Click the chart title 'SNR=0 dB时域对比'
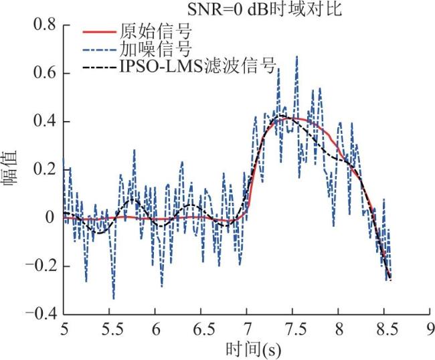pos(264,9)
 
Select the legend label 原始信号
pos(155,31)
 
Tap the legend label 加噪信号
pos(155,49)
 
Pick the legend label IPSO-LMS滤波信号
pos(198,66)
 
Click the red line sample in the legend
pos(99,32)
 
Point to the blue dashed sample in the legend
pos(99,50)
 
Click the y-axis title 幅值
pos(10,169)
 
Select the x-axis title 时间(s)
pos(253,349)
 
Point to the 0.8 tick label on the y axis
pos(45,24)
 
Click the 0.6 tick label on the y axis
pos(45,73)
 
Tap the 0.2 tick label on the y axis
pos(45,169)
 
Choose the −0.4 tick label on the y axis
pos(41,314)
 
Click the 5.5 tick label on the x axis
pos(109,330)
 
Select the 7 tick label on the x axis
pos(247,330)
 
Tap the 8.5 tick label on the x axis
pos(384,330)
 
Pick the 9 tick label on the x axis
pos(430,330)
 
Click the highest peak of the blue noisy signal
pos(296,56)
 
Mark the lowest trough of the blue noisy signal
pos(114,298)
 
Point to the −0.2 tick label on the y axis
pos(41,266)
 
